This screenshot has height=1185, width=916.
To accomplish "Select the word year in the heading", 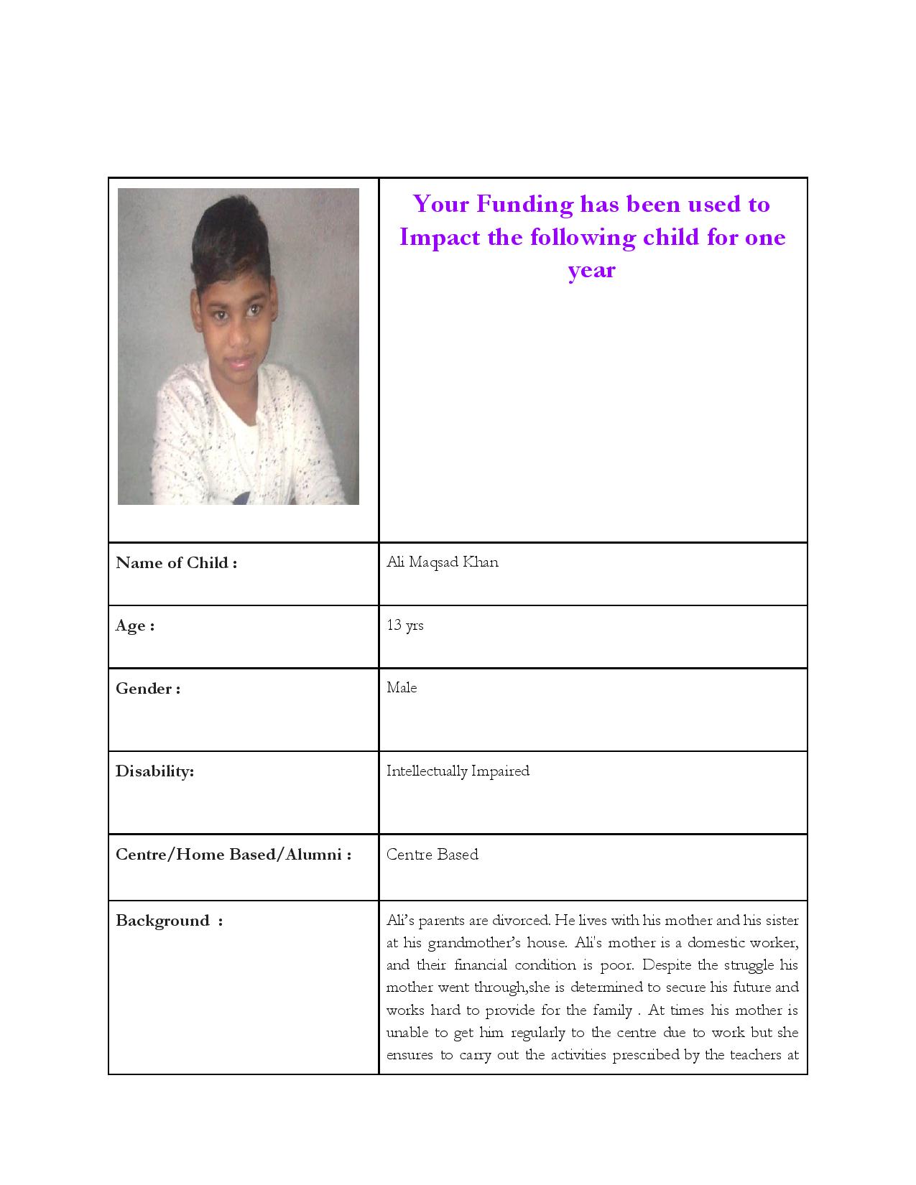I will click(x=591, y=270).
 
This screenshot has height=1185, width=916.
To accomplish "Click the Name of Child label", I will click(x=176, y=563).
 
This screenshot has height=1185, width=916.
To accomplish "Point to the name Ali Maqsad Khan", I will click(x=442, y=562).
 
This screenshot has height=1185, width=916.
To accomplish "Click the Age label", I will click(x=134, y=626).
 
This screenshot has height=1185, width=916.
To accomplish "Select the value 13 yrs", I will click(x=404, y=625).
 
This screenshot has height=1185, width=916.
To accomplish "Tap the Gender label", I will click(x=147, y=689).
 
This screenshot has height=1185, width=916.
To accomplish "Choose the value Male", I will click(x=401, y=688).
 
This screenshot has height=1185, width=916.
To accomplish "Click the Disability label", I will click(x=154, y=771).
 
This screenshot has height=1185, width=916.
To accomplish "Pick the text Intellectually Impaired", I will click(x=458, y=771).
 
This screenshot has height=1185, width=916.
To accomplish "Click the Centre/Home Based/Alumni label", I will click(x=233, y=855).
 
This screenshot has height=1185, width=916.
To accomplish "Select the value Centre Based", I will click(x=432, y=855).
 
